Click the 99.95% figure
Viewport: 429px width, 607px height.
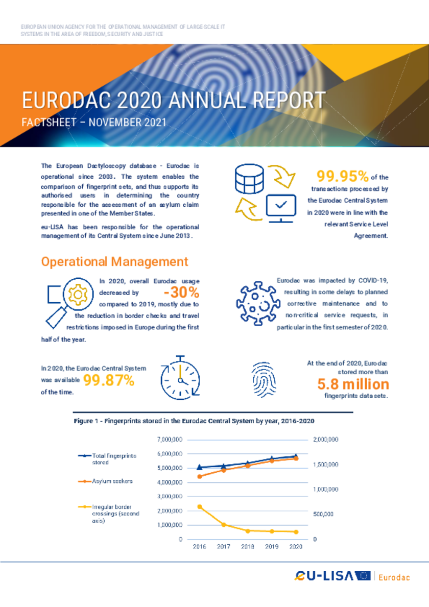tap(342, 176)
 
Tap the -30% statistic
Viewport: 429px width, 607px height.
tap(181, 293)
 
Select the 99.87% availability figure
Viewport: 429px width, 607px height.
tap(109, 380)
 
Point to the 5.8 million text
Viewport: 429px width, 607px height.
tap(353, 384)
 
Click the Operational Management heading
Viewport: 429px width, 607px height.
tap(114, 262)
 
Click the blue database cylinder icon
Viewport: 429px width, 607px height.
tap(249, 179)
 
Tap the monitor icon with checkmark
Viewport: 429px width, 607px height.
tap(281, 208)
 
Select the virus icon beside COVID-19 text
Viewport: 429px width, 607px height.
tap(258, 303)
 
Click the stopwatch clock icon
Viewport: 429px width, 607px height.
tap(180, 378)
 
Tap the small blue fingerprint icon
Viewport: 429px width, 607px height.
tap(264, 380)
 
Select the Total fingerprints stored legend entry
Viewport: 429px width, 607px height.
tap(107, 459)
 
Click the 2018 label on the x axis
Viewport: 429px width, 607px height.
tap(248, 547)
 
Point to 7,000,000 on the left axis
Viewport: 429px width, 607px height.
tap(170, 440)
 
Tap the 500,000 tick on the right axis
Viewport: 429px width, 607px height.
tap(323, 514)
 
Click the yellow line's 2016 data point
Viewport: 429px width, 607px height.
tap(199, 507)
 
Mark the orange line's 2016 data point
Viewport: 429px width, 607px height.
tap(199, 476)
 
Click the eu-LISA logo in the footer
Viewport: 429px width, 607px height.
tap(332, 576)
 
